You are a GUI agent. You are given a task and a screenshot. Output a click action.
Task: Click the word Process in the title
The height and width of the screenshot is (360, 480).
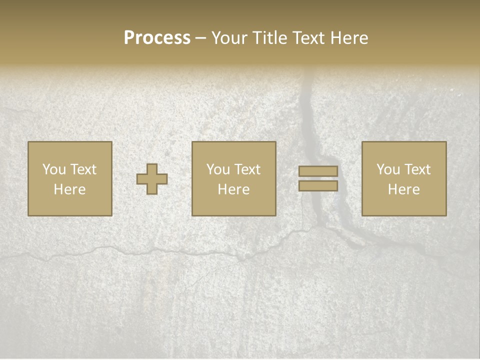click(x=157, y=38)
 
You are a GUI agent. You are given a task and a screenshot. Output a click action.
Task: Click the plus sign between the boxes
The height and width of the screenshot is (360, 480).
click(x=152, y=179)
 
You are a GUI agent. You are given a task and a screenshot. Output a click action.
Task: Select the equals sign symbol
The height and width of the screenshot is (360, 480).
click(x=318, y=178)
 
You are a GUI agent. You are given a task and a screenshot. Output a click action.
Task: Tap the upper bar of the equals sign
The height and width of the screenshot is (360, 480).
click(x=318, y=171)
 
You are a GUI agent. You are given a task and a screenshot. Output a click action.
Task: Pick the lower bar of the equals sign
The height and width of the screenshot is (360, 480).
click(x=318, y=185)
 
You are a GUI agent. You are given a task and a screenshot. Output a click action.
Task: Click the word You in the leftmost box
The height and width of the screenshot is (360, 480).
click(x=54, y=169)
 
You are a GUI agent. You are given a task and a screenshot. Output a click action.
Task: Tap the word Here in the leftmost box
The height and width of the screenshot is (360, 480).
click(x=69, y=189)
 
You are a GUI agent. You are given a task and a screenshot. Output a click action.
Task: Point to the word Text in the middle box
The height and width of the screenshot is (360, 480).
click(x=247, y=169)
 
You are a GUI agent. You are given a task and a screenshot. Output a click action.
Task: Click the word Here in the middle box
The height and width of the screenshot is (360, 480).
click(x=233, y=189)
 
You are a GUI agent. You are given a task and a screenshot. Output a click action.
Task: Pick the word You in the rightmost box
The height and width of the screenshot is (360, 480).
click(x=388, y=169)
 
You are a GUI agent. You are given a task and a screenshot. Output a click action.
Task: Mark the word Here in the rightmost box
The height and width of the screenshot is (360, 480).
click(x=403, y=189)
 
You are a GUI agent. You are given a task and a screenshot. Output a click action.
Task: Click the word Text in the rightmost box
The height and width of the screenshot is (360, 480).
click(x=417, y=169)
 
